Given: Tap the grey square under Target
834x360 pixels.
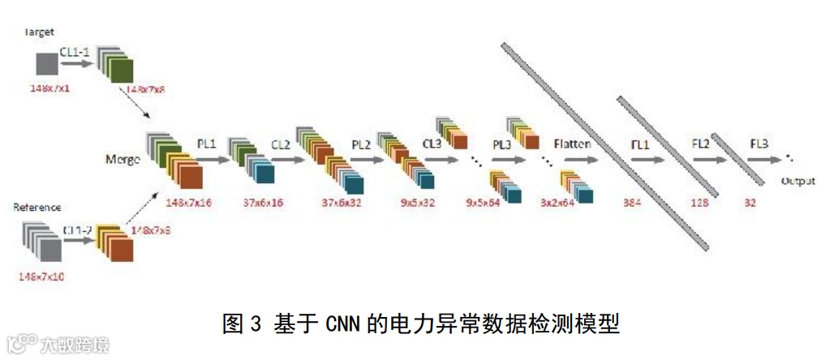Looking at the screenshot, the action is coord(46,64).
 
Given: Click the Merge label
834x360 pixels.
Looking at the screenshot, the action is coord(123,159).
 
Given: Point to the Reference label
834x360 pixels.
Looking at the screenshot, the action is coord(37,208).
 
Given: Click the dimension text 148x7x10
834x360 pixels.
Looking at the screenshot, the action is coord(41,276).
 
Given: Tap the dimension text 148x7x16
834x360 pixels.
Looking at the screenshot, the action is coord(188,201).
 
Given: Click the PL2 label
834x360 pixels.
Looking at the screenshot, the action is coord(361,144).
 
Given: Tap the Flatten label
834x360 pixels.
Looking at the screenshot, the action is coord(572,144).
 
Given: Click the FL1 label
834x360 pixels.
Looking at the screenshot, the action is coord(641,144).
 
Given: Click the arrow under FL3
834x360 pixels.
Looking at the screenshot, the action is coord(761,160).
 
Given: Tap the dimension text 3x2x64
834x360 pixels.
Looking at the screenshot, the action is coord(557,201).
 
